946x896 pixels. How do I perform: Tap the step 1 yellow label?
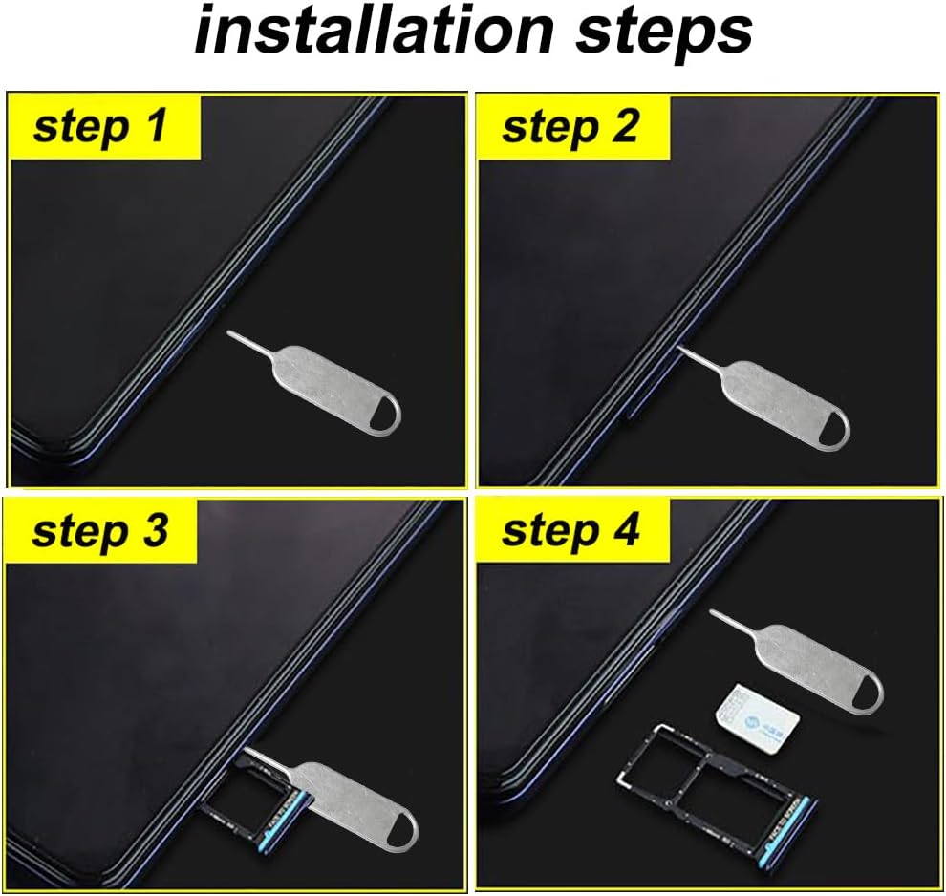103,126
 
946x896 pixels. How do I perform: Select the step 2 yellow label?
571,126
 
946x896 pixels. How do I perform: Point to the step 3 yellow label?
101,531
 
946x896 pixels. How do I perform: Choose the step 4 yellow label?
571,531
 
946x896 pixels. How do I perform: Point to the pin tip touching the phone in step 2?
679,351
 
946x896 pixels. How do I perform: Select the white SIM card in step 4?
760,715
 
